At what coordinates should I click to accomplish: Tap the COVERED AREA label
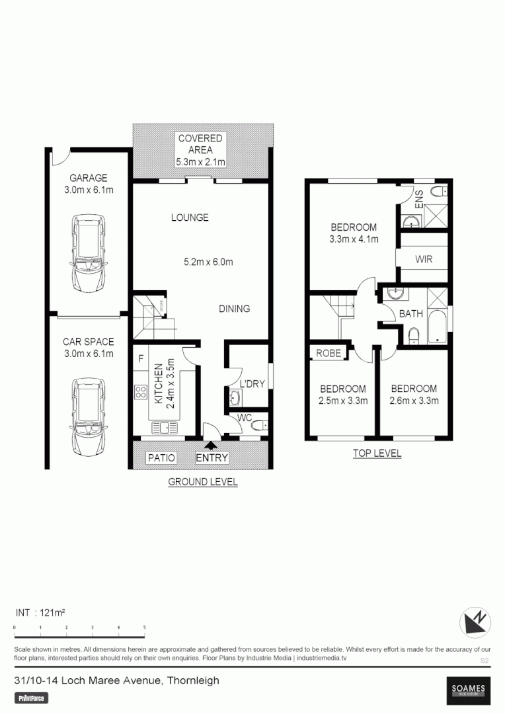click(200, 150)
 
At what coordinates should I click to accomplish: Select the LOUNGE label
click(190, 218)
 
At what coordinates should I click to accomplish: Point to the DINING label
click(235, 309)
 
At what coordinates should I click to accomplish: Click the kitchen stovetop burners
click(141, 392)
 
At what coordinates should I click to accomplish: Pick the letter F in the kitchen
click(141, 359)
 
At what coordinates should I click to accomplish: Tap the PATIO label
click(161, 457)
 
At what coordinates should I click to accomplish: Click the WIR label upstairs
click(424, 259)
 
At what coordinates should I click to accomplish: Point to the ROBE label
click(329, 353)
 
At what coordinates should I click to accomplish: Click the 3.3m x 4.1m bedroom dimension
click(354, 239)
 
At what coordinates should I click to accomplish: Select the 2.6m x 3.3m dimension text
click(414, 400)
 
